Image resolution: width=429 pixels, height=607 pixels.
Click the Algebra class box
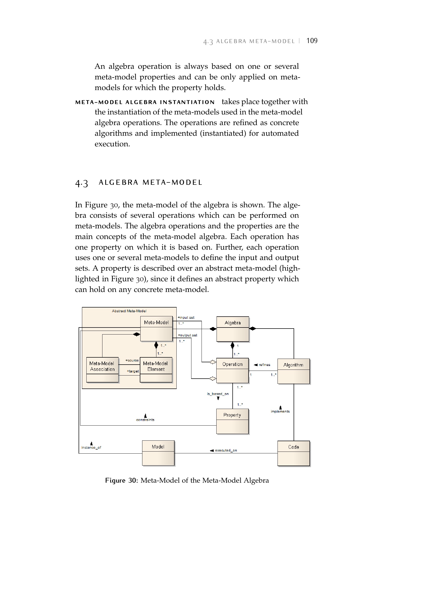(232, 329)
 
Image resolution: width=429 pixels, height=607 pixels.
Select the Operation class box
(232, 370)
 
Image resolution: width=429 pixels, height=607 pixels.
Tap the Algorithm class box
(293, 371)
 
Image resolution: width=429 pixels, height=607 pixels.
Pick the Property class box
(232, 421)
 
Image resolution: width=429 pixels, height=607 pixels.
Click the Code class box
(294, 453)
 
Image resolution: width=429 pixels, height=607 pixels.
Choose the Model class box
(158, 453)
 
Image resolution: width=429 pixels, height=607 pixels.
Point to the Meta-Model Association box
(102, 370)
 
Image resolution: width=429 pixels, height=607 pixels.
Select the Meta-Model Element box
(156, 370)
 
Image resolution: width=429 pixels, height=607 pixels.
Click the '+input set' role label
(186, 317)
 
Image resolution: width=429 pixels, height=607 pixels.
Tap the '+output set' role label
(188, 335)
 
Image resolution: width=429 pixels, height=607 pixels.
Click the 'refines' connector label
(264, 365)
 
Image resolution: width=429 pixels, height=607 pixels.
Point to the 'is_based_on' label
(218, 394)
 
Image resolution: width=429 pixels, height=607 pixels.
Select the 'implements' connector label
(280, 411)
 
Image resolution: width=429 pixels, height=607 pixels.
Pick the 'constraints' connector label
(145, 420)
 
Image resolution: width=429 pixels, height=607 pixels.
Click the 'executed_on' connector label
(226, 451)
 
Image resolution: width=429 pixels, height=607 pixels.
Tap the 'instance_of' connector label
(91, 447)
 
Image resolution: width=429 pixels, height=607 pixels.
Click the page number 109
(312, 41)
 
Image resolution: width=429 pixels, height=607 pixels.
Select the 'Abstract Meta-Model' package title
(129, 311)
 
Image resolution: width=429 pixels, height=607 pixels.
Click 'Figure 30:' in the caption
(121, 480)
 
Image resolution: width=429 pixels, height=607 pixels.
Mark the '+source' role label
(132, 360)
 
